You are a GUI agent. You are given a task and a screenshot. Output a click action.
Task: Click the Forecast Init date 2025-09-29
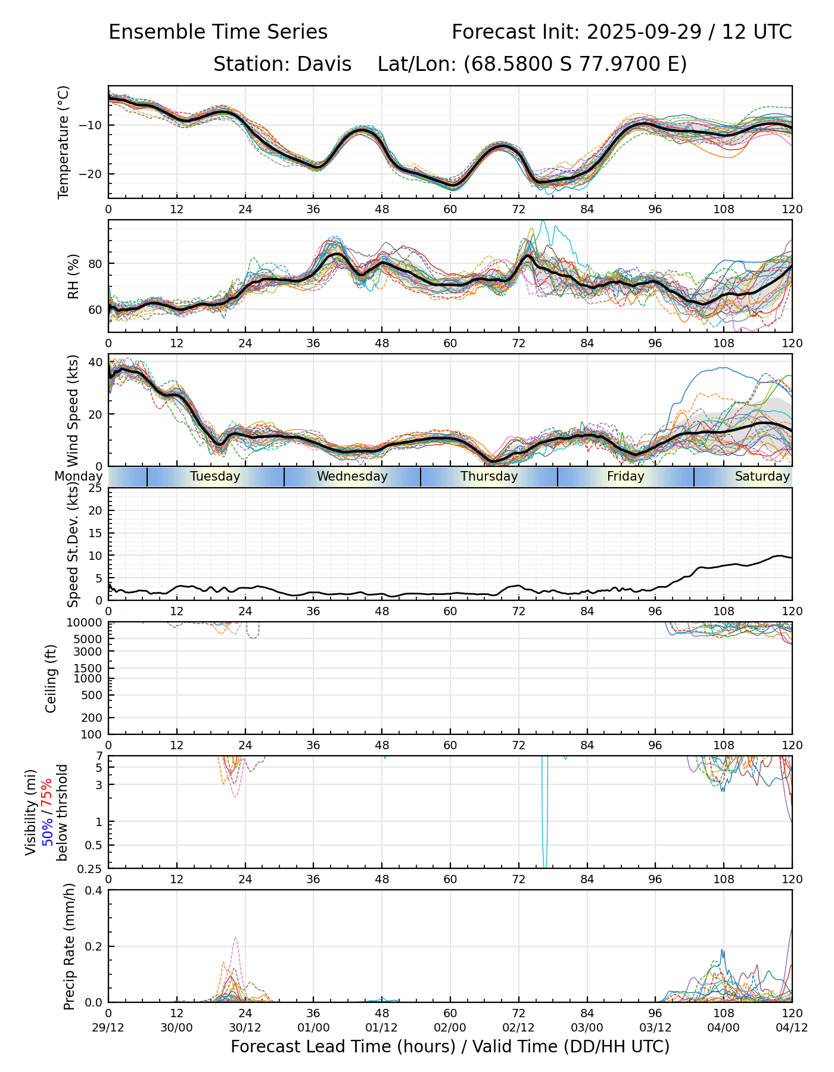tap(645, 32)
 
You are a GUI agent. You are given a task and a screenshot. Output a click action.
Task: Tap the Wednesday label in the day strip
tap(352, 476)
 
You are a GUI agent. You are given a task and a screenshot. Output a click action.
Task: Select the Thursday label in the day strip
tap(489, 476)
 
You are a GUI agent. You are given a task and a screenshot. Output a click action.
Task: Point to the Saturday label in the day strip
tap(762, 476)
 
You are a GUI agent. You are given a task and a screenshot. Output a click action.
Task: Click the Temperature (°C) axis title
tap(64, 142)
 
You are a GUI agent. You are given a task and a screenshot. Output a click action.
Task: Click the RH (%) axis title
tap(73, 276)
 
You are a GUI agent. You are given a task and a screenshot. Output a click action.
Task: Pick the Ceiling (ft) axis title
tap(51, 678)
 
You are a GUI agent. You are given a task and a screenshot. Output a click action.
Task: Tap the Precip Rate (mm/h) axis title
tap(69, 946)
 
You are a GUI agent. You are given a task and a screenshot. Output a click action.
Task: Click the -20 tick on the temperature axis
tap(94, 174)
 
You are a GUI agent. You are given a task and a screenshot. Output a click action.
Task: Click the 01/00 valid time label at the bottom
tap(313, 1027)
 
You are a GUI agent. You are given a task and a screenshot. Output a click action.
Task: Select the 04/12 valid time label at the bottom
tap(792, 1027)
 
